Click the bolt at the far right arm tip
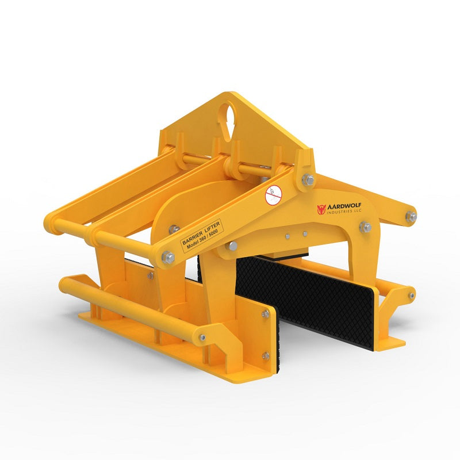[411, 217]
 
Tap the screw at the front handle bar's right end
[202, 338]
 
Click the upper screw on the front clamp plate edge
[266, 313]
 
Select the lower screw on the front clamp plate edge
[266, 356]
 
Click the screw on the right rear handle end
[411, 295]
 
